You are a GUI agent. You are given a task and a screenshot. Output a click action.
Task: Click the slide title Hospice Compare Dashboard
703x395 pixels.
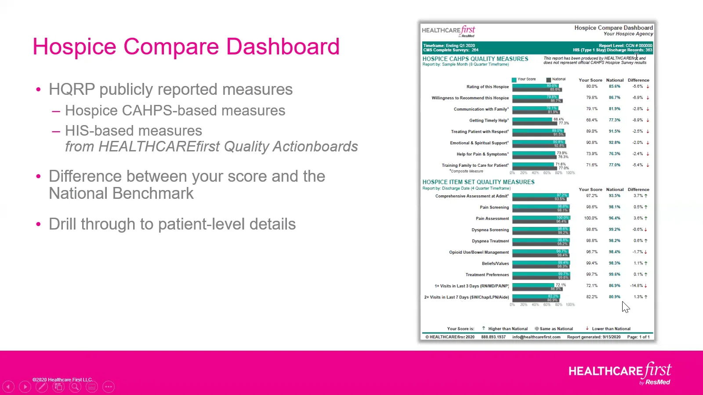point(186,47)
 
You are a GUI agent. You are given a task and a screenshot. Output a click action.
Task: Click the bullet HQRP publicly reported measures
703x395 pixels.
point(170,90)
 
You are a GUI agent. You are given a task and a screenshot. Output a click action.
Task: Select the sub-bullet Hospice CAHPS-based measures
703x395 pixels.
point(175,111)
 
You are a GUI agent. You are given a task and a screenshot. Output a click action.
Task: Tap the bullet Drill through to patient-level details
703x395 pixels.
point(172,224)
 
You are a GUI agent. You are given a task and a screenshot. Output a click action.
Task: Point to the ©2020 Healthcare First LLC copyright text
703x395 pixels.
point(62,380)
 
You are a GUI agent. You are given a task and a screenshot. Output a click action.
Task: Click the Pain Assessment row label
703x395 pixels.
point(492,219)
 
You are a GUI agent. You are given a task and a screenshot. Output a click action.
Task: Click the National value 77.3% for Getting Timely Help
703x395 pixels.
point(614,120)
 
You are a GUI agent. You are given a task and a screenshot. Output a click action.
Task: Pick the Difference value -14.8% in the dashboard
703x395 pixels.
point(636,286)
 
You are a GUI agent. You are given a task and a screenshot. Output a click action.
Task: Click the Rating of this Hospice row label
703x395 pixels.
point(487,87)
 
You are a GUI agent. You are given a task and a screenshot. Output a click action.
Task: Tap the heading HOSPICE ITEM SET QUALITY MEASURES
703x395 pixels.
point(478,182)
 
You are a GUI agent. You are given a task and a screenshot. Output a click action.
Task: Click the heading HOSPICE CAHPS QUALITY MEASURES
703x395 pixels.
point(475,59)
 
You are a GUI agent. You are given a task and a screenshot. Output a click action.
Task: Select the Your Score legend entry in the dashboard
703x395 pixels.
point(524,79)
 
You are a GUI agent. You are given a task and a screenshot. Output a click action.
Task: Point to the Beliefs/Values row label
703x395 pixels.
point(495,264)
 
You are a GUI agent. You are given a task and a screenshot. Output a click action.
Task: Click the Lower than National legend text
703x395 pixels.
point(611,329)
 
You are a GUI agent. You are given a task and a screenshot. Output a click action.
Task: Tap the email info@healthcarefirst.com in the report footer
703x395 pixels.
point(536,337)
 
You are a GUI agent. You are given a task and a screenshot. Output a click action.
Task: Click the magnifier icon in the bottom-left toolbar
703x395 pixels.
point(75,387)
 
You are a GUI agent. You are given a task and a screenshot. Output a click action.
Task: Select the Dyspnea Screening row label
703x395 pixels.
point(490,230)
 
